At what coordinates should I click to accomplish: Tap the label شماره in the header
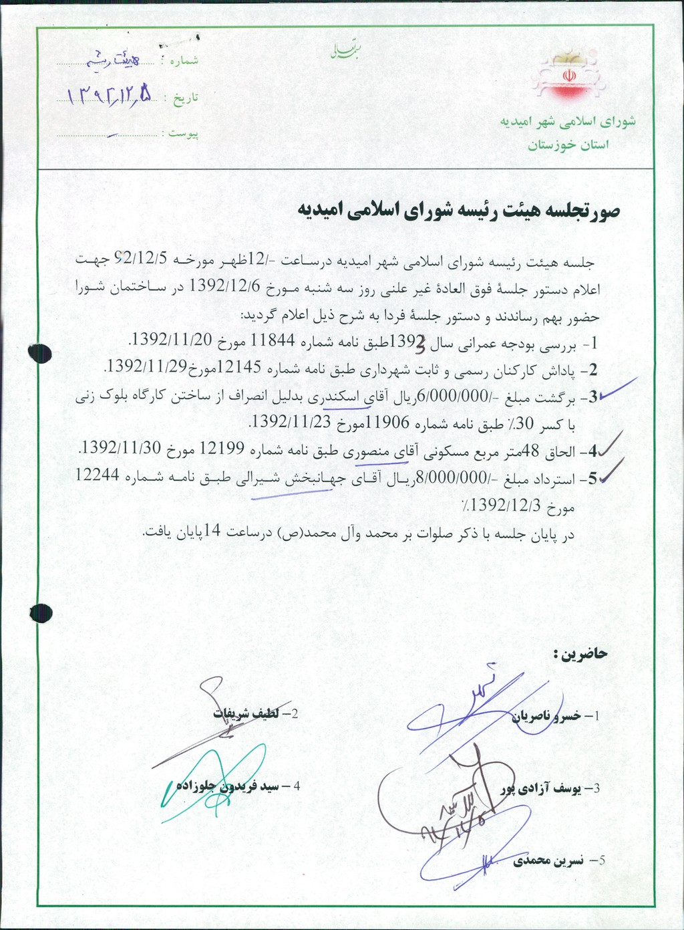(184, 61)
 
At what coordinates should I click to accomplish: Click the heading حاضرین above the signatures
(580, 653)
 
